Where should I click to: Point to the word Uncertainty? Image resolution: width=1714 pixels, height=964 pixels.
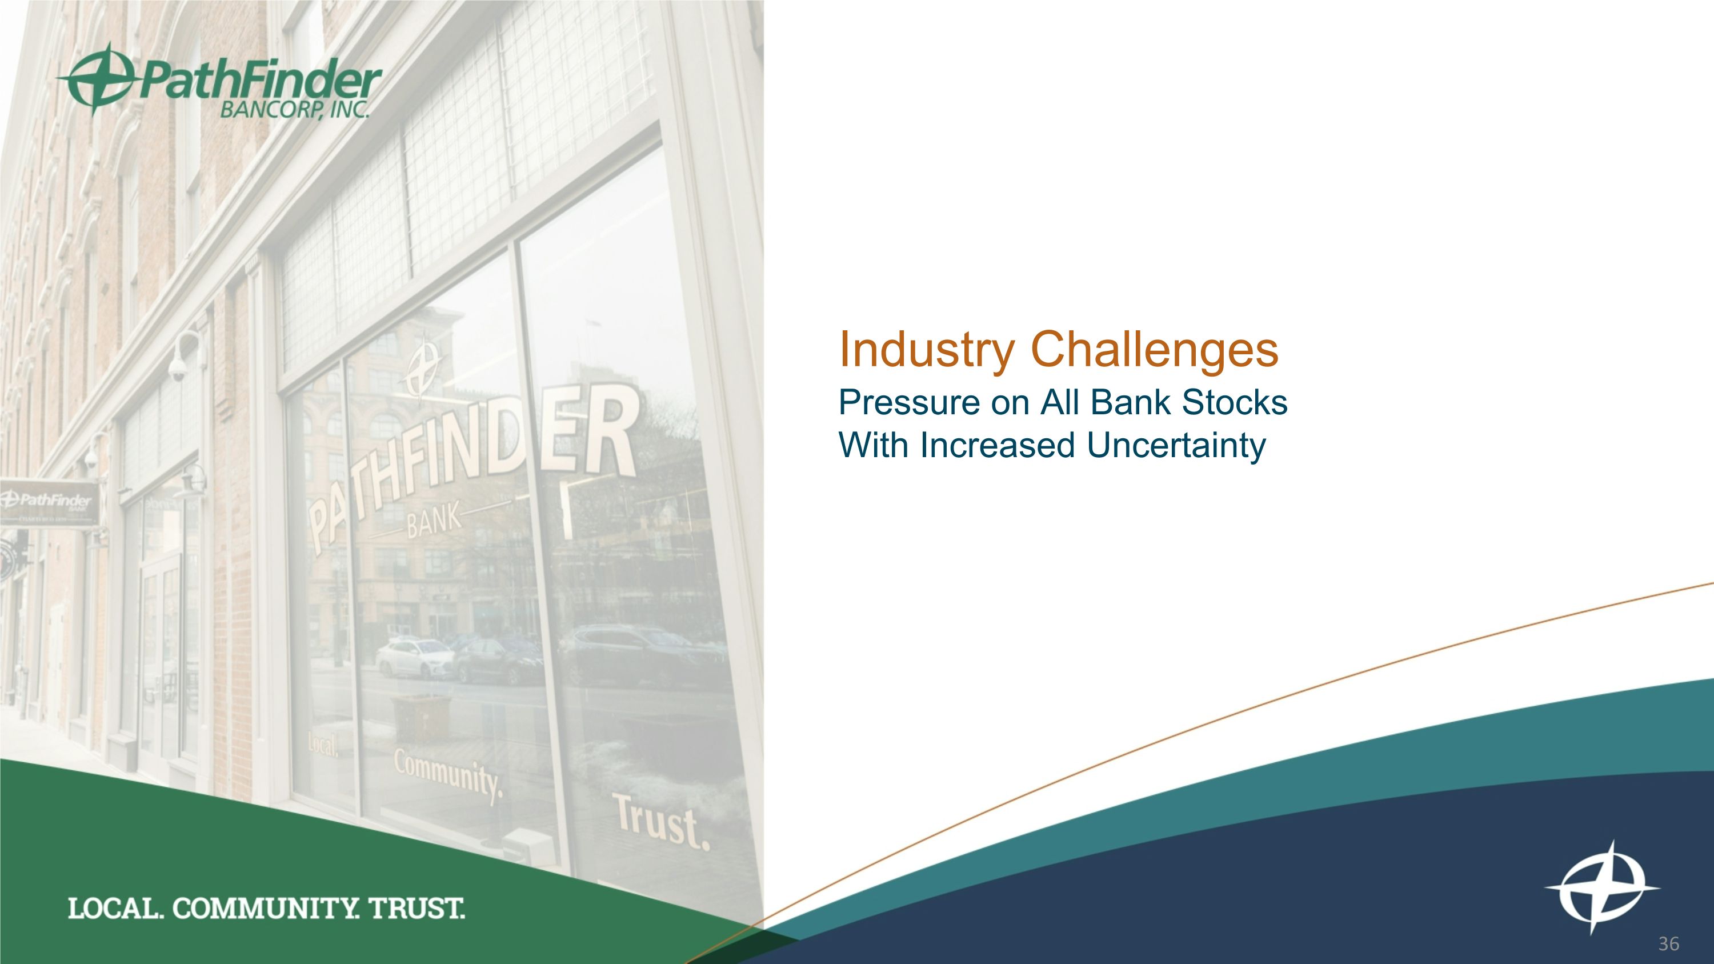point(1176,446)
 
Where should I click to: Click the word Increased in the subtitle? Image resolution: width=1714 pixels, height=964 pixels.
point(997,445)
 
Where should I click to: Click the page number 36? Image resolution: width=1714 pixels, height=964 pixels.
point(1668,944)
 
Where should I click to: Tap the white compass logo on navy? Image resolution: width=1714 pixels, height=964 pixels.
point(1602,888)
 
